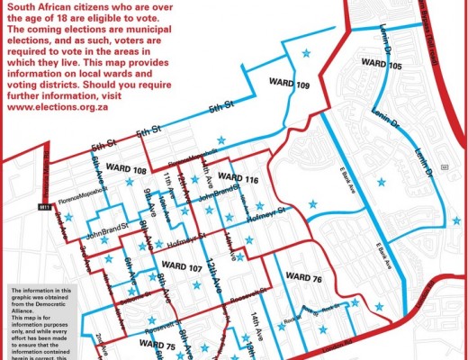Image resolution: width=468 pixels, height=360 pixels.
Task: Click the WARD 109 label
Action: [290, 84]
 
